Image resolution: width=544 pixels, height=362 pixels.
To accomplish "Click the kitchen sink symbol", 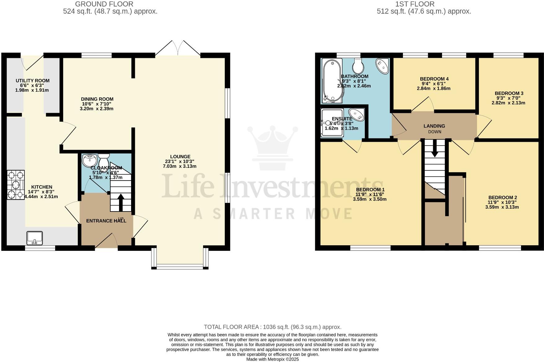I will point(35,238).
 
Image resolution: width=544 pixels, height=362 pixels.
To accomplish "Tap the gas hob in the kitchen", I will point(16,185).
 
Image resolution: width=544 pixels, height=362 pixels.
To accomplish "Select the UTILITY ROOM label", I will point(33,81).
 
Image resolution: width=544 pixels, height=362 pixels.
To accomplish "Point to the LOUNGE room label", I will point(180,157).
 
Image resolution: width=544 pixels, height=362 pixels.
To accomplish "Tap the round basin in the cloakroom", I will point(90,160).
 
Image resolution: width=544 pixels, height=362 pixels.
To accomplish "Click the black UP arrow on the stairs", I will point(121,201).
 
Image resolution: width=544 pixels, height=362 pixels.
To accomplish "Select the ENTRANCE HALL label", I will point(106,221).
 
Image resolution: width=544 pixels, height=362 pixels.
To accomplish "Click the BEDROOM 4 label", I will point(434,79).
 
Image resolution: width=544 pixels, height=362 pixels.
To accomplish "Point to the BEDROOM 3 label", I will point(509,93).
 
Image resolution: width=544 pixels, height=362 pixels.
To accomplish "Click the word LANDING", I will point(434,126).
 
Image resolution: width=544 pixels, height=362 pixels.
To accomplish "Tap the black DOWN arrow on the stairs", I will point(434,149).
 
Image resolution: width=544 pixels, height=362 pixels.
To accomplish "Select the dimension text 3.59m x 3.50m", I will point(369,199).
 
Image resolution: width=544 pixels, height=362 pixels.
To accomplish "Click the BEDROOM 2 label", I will point(502,198).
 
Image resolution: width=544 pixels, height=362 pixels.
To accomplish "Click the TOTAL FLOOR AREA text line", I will point(272,327).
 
